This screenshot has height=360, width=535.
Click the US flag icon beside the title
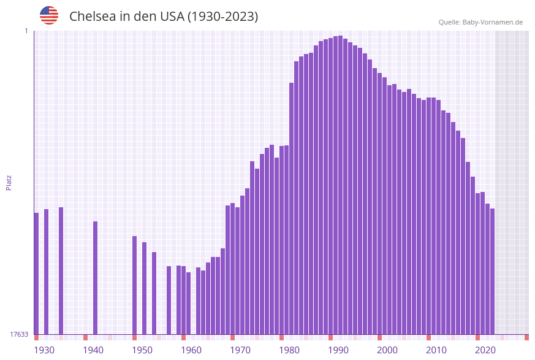49,15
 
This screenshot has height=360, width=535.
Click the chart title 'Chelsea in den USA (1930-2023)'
164,17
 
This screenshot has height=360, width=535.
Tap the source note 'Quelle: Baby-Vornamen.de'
480,22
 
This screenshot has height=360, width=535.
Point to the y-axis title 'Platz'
9,182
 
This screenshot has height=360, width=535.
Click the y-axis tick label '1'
26,31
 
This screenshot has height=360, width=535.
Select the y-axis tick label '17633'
19,334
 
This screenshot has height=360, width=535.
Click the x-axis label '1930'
44,350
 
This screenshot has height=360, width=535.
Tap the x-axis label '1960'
191,350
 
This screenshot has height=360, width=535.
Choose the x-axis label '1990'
338,350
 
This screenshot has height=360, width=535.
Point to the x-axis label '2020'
485,350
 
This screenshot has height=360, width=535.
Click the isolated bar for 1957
169,300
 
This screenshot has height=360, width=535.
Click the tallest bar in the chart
341,184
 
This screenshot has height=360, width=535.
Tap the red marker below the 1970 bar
233,337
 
